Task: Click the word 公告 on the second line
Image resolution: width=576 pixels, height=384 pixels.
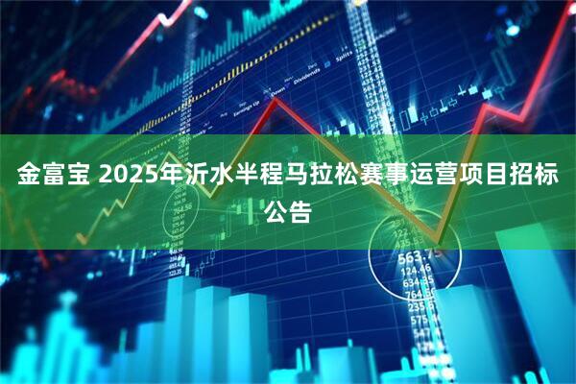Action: [x=288, y=212]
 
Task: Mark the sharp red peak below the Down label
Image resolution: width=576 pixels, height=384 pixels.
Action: [x=276, y=98]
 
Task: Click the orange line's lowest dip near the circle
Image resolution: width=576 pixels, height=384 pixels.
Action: [x=438, y=239]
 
